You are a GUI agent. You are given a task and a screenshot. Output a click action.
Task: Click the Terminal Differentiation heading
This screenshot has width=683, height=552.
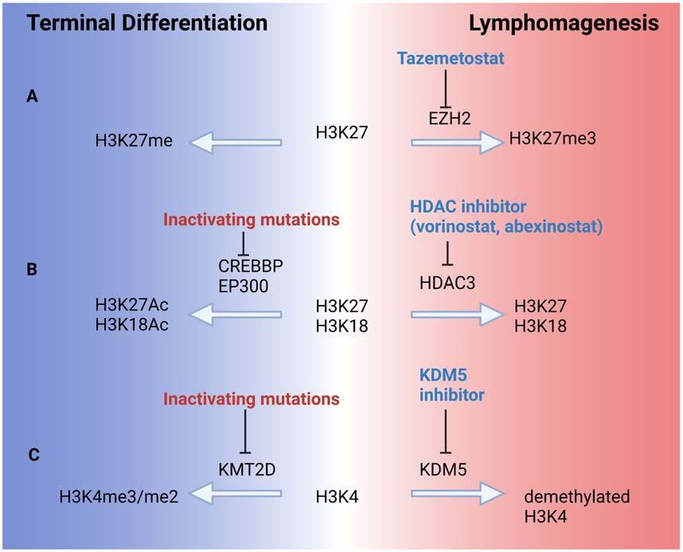point(147,22)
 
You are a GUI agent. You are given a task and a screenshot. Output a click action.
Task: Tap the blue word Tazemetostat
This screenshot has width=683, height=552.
point(451,58)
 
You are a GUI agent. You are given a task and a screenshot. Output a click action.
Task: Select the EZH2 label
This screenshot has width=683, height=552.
point(450,118)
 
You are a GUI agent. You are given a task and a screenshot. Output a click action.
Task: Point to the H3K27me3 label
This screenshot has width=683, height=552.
point(552,139)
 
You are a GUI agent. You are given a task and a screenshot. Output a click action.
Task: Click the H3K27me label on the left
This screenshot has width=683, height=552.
point(134,140)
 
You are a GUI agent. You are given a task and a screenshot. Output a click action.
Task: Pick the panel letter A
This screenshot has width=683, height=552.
point(32,96)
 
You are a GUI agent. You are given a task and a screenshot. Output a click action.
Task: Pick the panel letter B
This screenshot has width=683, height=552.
point(32,269)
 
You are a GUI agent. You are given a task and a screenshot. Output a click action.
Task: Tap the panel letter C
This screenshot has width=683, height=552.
point(33,455)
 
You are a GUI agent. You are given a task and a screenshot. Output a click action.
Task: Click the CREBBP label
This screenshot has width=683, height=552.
point(251,265)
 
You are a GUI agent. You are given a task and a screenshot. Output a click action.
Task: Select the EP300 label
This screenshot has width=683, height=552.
point(243,286)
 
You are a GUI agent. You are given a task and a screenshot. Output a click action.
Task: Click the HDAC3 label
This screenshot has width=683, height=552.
point(447,283)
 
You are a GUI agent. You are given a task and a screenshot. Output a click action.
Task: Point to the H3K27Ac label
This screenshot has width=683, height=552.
point(131,305)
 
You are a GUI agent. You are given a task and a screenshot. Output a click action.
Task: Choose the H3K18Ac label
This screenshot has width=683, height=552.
point(131,325)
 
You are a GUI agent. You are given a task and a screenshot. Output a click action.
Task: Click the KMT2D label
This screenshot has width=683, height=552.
point(247,470)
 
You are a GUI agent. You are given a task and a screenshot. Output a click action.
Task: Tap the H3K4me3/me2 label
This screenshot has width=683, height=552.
point(119,496)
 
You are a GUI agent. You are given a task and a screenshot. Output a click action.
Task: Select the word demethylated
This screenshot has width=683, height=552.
point(576,496)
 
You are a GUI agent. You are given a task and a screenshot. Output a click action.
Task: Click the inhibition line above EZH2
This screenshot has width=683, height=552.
point(445,88)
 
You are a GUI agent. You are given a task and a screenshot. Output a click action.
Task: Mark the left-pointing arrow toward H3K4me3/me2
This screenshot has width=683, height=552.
point(236,494)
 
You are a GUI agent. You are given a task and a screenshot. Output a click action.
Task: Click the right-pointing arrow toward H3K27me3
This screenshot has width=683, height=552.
point(458,142)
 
